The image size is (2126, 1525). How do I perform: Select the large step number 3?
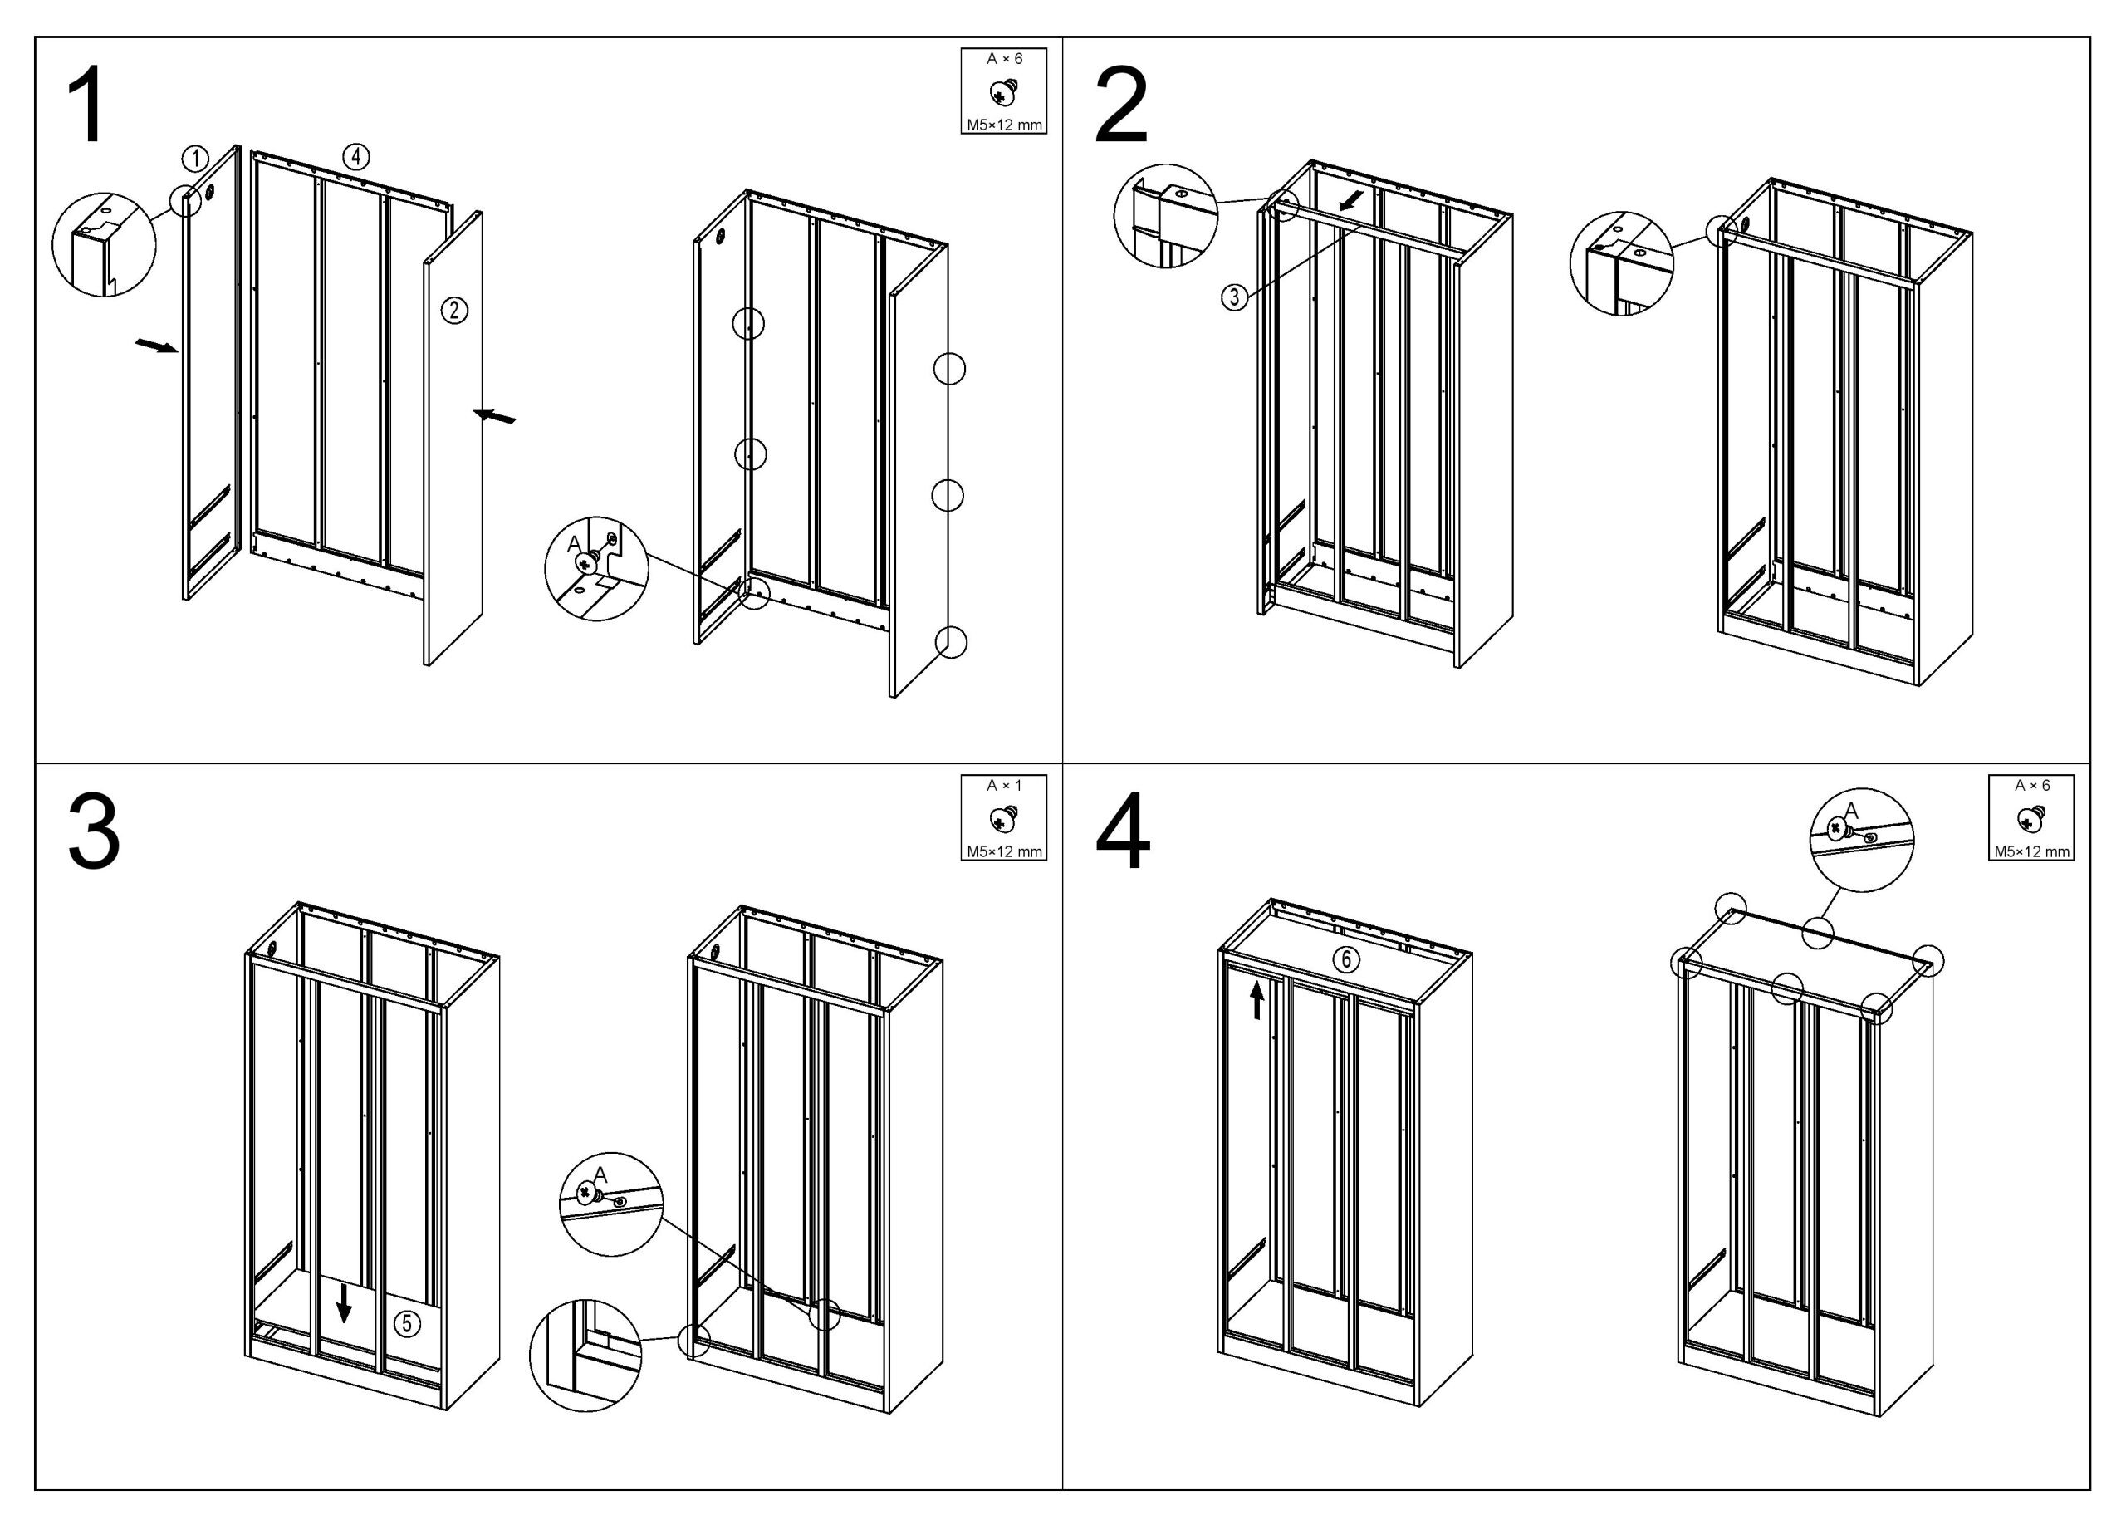click(94, 831)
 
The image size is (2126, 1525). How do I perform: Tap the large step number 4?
click(1122, 831)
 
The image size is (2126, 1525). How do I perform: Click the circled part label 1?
click(195, 159)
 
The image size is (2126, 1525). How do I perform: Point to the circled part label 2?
click(454, 309)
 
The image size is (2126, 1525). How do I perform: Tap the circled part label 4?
click(356, 156)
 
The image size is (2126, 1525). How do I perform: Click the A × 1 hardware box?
click(1004, 817)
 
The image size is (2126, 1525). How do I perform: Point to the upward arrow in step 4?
click(1257, 1000)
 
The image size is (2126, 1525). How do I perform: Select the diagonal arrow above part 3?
click(1354, 199)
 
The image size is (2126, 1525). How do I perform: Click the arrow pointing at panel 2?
click(494, 416)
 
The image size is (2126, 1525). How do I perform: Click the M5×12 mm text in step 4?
click(2031, 851)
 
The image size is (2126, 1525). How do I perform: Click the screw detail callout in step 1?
click(597, 568)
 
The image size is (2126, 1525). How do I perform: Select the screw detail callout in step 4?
click(1861, 840)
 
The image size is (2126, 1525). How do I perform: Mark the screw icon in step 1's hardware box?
click(1004, 93)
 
